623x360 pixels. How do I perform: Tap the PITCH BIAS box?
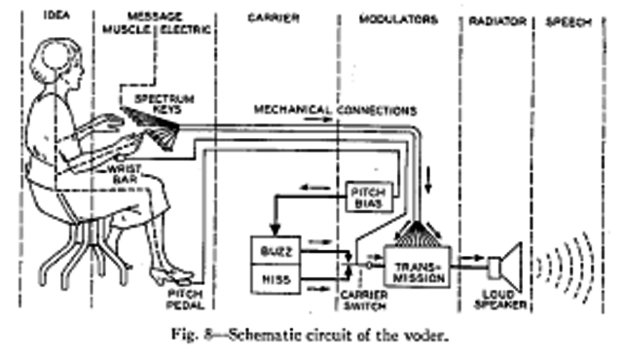(366, 198)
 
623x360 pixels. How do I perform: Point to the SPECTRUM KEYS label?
(165, 104)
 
